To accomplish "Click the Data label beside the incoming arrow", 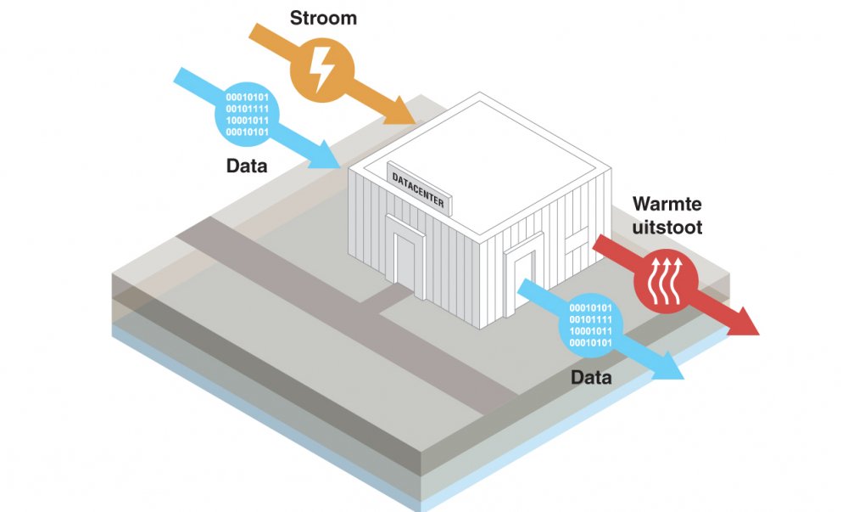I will (x=247, y=166).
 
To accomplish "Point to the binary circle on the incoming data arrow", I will (x=247, y=115).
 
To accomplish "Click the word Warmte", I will (x=668, y=205).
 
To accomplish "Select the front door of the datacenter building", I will (x=406, y=254).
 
